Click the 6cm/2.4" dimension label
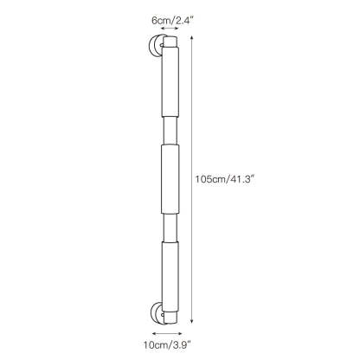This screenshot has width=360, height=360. click(172, 21)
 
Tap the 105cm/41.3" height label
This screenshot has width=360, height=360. click(224, 179)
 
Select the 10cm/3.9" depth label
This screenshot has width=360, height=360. click(168, 344)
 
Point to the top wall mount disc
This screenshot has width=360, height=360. click(155, 46)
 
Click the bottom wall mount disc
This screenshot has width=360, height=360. click(157, 312)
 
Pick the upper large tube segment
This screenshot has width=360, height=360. click(170, 82)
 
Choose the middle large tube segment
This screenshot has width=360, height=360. click(170, 179)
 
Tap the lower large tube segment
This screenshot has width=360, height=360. click(170, 277)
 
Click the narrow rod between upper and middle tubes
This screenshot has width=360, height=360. click(170, 131)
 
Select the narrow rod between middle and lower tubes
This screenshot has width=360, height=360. click(170, 228)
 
